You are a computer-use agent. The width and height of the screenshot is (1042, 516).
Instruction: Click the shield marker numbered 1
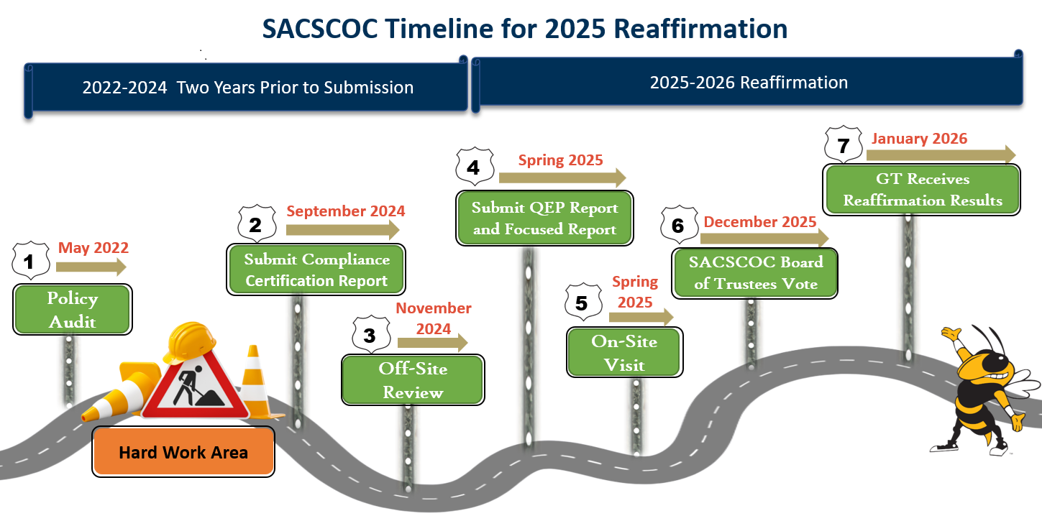pyautogui.click(x=31, y=260)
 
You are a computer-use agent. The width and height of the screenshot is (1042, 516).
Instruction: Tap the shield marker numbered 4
pyautogui.click(x=475, y=167)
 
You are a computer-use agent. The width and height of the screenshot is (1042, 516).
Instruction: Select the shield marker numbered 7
pyautogui.click(x=844, y=144)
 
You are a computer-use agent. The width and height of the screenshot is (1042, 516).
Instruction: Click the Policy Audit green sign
pyautogui.click(x=73, y=310)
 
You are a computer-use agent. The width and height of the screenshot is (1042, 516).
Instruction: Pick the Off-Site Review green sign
pyautogui.click(x=413, y=379)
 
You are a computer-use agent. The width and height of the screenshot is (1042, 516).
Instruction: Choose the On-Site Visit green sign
pyautogui.click(x=625, y=352)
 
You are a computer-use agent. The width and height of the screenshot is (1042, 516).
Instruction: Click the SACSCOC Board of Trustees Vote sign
pyautogui.click(x=755, y=273)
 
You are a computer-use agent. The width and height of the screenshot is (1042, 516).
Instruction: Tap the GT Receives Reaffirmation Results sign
pyautogui.click(x=922, y=190)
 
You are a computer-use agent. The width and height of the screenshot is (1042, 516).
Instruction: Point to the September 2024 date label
pyautogui.click(x=346, y=211)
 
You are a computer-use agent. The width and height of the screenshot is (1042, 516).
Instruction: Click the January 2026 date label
pyautogui.click(x=919, y=139)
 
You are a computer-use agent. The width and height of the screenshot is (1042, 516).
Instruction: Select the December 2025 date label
pyautogui.click(x=760, y=222)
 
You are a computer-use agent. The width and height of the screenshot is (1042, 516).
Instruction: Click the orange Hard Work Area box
pyautogui.click(x=183, y=452)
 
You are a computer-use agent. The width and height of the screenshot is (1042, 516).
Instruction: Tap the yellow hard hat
pyautogui.click(x=190, y=341)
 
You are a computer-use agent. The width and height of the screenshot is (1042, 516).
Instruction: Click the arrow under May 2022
pyautogui.click(x=91, y=267)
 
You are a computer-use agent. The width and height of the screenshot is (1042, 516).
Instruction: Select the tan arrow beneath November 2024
pyautogui.click(x=433, y=343)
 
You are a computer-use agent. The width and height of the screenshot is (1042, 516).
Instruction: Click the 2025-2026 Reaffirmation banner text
pyautogui.click(x=749, y=83)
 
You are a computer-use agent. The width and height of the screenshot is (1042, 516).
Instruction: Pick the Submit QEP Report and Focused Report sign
pyautogui.click(x=544, y=218)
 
